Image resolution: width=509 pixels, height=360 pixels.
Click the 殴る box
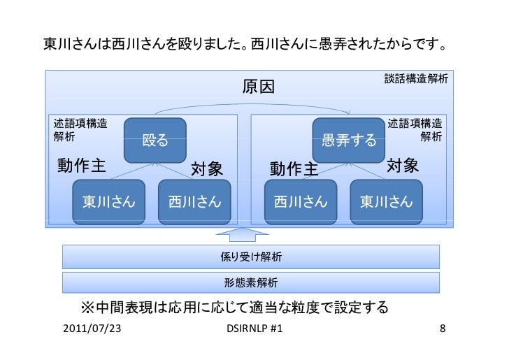click(x=155, y=141)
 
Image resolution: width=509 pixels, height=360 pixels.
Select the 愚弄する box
click(x=349, y=141)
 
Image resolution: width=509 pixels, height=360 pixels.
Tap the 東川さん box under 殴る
click(x=110, y=202)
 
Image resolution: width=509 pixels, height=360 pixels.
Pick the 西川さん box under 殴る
click(x=194, y=202)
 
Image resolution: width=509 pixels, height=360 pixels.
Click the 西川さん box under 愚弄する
click(x=300, y=202)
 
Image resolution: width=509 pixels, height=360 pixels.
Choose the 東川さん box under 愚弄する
click(x=386, y=202)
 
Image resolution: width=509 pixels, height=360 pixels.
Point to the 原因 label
click(x=258, y=87)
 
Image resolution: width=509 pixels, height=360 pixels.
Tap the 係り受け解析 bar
click(x=251, y=257)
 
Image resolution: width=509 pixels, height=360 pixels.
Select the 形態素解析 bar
click(x=251, y=283)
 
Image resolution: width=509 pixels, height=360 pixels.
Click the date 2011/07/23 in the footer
click(x=91, y=328)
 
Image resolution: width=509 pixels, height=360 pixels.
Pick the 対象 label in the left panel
click(x=206, y=168)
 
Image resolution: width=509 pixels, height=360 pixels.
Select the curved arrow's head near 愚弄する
click(x=348, y=112)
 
